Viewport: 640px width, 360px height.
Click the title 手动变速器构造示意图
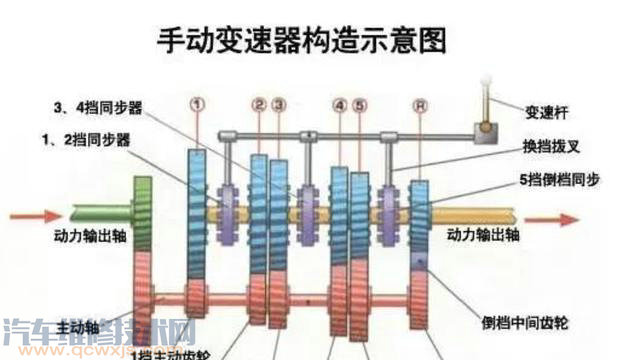(301, 42)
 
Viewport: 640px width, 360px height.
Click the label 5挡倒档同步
(564, 179)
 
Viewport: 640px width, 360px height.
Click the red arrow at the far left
(23, 213)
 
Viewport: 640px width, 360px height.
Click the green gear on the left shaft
(143, 214)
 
